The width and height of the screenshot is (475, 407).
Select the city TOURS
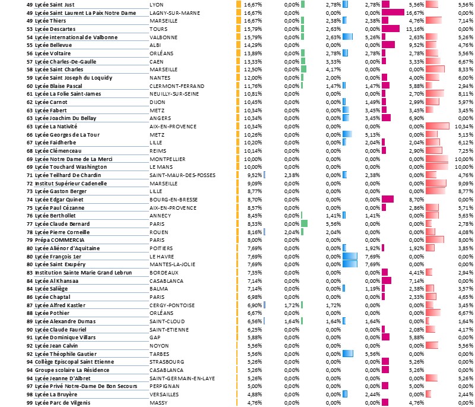click(158, 29)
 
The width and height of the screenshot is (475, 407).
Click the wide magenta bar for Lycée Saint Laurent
click(393, 12)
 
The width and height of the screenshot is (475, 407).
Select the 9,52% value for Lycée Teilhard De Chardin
click(253, 175)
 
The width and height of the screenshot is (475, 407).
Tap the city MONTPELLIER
click(167, 159)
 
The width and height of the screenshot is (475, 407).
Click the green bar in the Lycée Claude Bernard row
click(305, 224)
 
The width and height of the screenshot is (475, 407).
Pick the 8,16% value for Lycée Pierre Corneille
click(253, 232)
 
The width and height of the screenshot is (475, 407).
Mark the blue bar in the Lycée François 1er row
click(350, 256)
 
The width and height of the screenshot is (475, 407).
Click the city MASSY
click(157, 403)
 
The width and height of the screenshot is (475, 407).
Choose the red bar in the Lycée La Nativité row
click(438, 127)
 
